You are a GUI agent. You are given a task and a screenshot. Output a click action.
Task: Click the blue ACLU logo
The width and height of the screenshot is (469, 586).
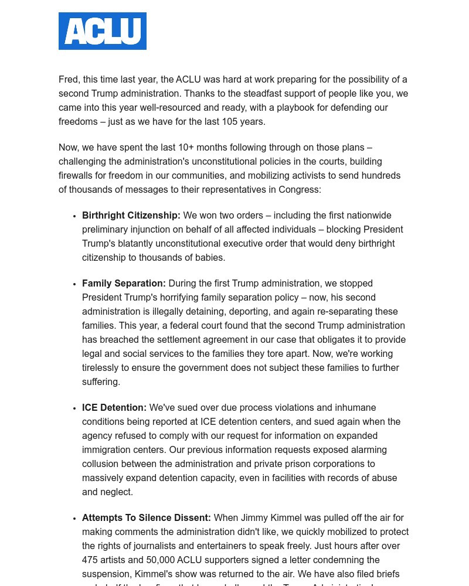103,31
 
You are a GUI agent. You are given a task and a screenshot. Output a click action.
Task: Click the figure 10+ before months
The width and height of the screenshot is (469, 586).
186,148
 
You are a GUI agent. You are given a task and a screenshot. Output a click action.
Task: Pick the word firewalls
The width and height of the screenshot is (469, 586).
79,176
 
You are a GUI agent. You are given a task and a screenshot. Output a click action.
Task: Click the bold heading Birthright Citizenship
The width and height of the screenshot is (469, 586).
131,216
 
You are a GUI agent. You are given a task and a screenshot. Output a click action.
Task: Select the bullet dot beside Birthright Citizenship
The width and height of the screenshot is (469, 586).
74,216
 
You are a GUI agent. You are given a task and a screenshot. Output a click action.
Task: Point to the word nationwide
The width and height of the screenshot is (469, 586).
369,216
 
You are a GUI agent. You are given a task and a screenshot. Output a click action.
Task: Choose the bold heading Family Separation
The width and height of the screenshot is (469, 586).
124,284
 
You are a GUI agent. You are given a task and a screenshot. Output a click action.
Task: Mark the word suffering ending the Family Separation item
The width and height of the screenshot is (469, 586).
100,382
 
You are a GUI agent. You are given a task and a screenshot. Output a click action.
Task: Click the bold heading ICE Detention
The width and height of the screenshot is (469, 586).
114,408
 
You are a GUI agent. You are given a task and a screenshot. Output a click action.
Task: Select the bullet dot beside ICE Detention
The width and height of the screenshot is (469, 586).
74,408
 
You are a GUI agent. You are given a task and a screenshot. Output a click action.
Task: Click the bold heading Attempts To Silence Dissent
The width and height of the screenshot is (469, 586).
146,518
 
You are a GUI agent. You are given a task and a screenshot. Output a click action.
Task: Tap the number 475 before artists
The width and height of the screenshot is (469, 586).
91,560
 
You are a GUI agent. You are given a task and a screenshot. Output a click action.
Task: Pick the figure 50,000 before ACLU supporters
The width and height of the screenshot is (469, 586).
160,560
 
